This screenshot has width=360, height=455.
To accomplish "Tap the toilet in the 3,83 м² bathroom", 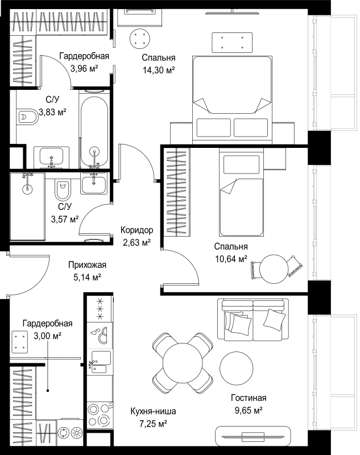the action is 27,117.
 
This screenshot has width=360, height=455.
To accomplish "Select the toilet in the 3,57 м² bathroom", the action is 63,191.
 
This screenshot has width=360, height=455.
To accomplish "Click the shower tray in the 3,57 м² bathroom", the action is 27,206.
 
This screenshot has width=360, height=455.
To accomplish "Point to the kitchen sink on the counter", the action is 101,362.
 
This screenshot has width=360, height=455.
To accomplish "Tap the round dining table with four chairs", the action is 182,363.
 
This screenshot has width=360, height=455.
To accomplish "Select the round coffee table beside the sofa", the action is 237,367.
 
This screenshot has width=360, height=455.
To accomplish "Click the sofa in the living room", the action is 253,319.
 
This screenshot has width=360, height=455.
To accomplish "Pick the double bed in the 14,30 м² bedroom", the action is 233,100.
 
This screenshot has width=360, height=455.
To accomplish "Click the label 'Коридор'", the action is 136,230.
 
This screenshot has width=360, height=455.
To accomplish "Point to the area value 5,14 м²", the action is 87,278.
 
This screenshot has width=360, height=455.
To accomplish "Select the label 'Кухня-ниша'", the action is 153,411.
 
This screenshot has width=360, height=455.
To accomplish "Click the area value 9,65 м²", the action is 249,410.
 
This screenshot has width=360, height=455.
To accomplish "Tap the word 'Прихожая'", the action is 88,265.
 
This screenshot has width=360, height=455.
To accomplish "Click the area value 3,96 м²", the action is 84,69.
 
